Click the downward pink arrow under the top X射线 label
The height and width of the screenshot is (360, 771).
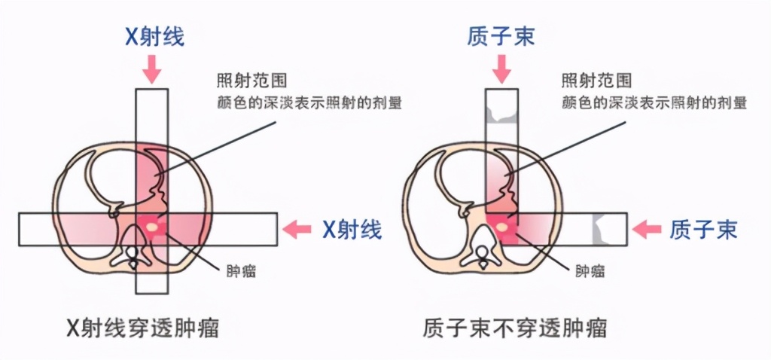point(152,71)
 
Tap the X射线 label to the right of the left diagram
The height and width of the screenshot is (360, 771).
point(352,229)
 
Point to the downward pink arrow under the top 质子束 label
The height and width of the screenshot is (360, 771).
point(500,71)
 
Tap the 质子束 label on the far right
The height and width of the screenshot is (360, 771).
point(703,229)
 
